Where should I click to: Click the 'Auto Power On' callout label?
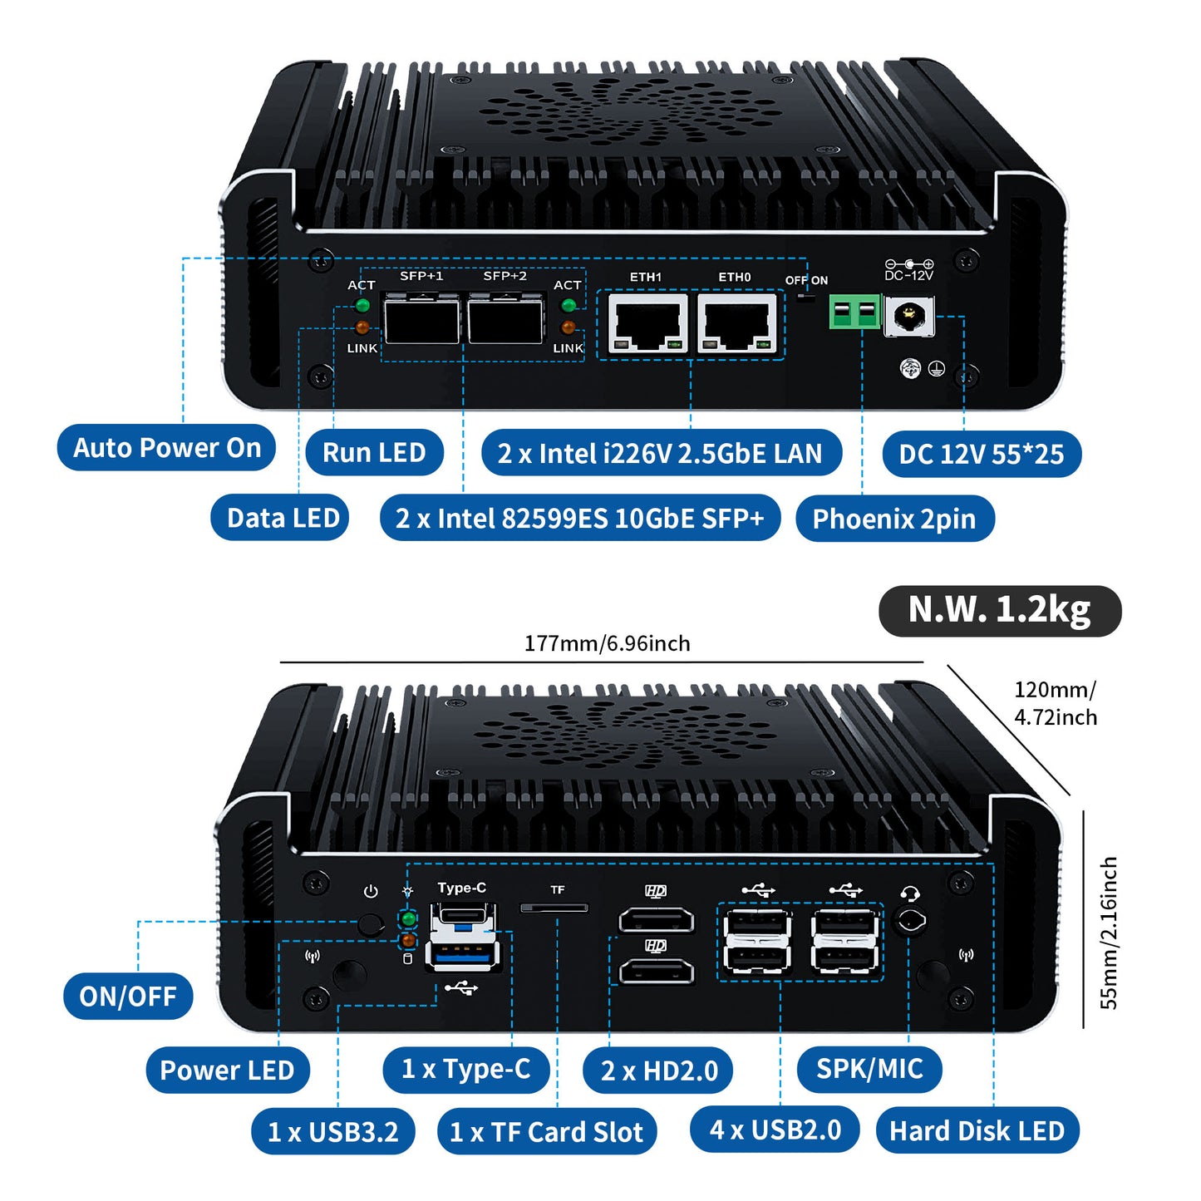click(166, 448)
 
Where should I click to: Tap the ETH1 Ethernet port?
click(647, 323)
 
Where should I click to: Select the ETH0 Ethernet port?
click(736, 323)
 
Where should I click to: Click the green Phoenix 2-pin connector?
click(854, 313)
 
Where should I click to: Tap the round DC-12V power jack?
click(909, 317)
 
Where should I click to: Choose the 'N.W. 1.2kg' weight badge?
click(999, 610)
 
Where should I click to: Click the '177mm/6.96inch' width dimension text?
click(607, 643)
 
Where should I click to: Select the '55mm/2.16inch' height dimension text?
click(1109, 933)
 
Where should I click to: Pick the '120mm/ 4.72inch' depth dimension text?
click(1055, 703)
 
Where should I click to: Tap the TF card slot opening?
click(554, 908)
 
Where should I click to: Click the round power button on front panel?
click(371, 923)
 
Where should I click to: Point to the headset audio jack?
click(910, 922)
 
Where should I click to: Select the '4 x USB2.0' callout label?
click(775, 1130)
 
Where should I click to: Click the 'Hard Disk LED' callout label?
click(977, 1130)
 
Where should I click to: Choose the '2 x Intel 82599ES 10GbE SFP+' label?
click(579, 519)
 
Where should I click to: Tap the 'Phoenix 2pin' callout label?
click(894, 519)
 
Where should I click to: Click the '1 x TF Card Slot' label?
click(546, 1131)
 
